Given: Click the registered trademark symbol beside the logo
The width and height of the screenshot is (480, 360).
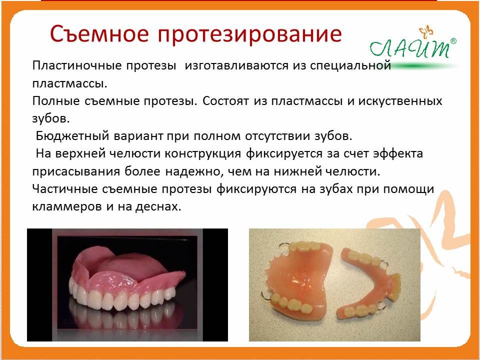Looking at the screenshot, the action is tap(453, 41).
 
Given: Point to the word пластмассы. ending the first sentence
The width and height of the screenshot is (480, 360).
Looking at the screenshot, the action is tap(70, 83).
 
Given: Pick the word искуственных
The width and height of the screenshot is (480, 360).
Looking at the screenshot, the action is tap(400, 101).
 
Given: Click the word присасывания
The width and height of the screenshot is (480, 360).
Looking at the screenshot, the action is tap(76, 171).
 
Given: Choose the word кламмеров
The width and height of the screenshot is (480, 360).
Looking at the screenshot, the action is tap(66, 206).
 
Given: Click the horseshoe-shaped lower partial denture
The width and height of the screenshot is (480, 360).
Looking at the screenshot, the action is tap(368, 281).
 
